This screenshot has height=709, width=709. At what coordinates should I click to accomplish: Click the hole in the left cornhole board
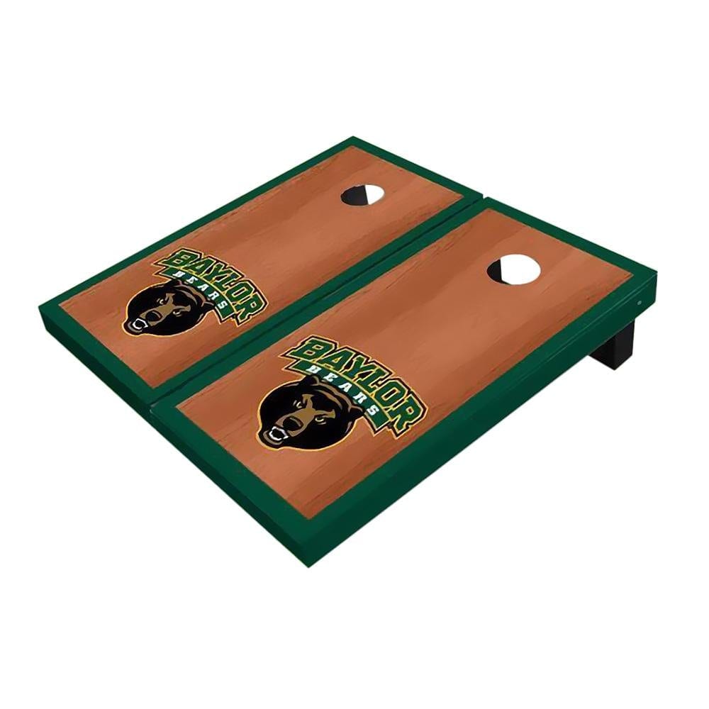(364, 195)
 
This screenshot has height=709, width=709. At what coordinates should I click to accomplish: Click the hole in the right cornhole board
(513, 270)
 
